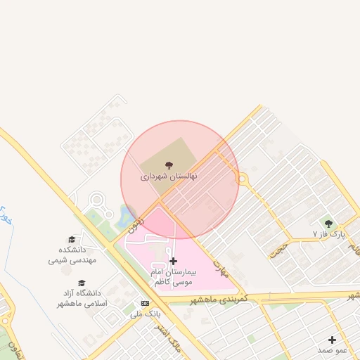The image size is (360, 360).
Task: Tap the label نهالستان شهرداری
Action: [169, 176]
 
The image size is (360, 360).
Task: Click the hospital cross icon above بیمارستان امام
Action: [174, 261]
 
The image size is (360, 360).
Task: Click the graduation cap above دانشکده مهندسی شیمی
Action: [71, 240]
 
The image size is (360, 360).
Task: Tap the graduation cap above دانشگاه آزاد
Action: [82, 283]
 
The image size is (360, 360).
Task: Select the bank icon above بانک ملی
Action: [146, 303]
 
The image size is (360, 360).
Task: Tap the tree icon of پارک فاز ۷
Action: [329, 224]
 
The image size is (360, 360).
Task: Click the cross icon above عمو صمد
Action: [332, 340]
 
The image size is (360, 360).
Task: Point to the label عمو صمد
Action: [333, 349]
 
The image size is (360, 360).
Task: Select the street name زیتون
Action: [136, 224]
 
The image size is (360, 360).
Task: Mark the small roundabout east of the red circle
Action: [243, 180]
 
